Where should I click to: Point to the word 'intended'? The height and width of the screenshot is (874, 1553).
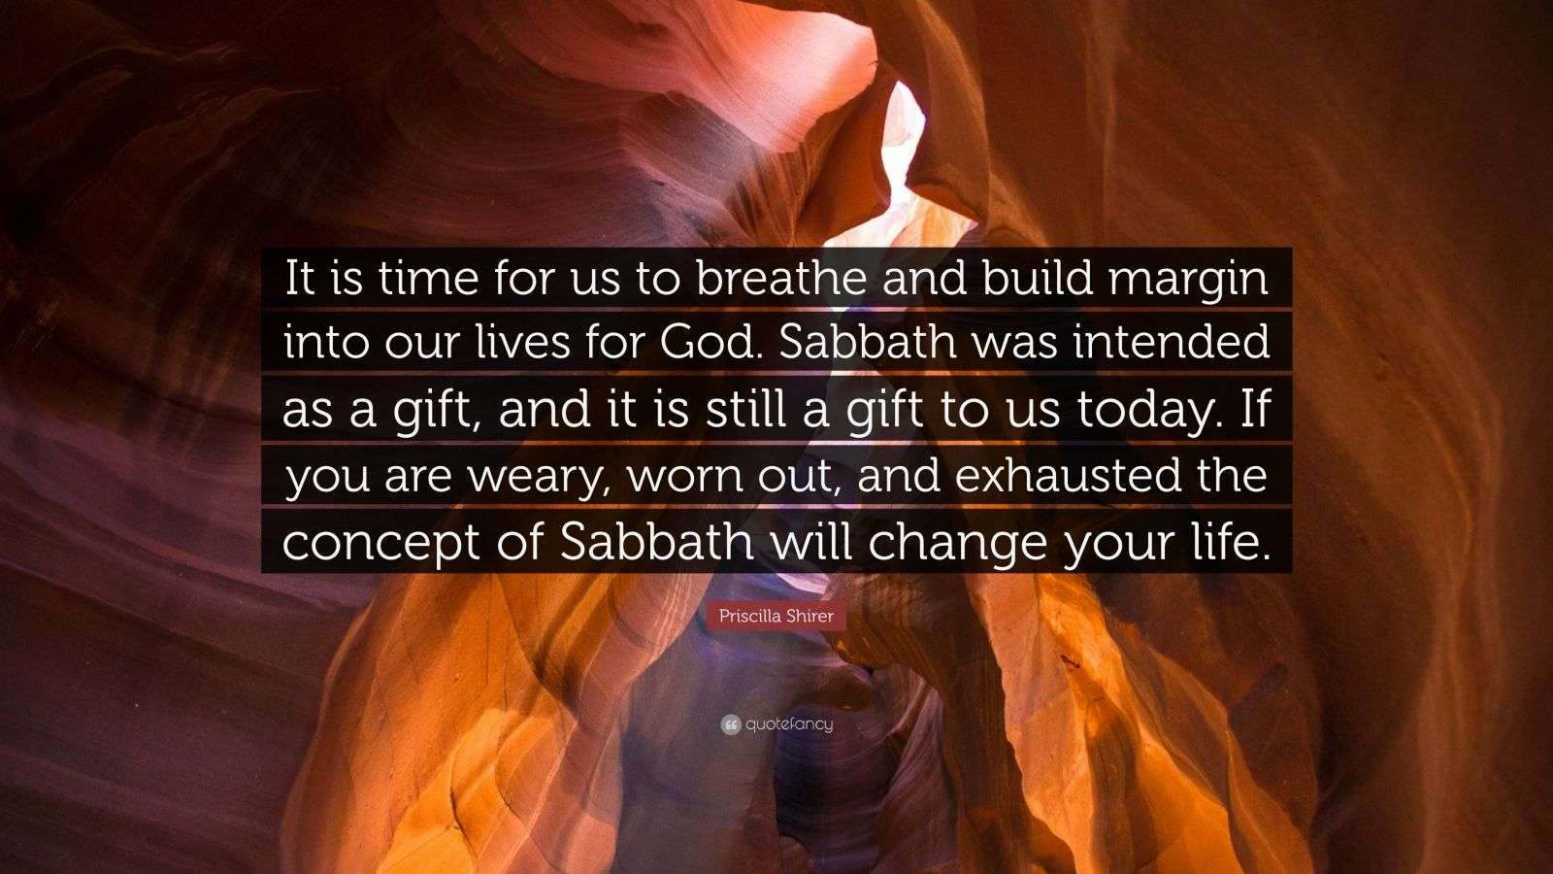(x=1171, y=343)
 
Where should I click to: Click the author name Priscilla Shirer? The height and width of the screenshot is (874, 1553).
(x=776, y=616)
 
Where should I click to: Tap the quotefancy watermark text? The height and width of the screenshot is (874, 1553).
(x=789, y=724)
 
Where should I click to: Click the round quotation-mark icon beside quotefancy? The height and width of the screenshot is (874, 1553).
(x=730, y=725)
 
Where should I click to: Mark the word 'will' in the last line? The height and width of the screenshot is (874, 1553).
(x=811, y=540)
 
